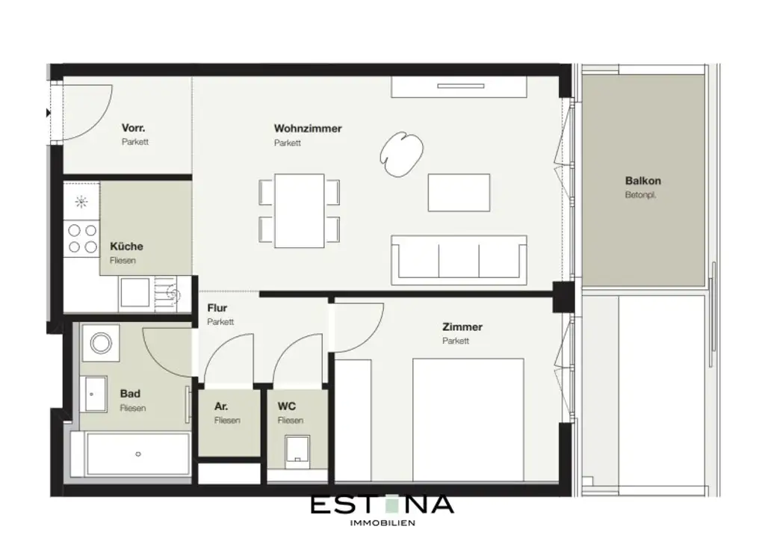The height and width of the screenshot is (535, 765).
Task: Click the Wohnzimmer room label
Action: tap(308, 129)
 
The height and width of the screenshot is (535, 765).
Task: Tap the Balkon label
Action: tap(642, 181)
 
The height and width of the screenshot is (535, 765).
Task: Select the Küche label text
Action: tap(126, 247)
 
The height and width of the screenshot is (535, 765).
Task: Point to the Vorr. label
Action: tap(133, 128)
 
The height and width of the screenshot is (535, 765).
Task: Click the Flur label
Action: tap(217, 308)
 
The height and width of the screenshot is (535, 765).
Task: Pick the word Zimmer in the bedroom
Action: tap(462, 327)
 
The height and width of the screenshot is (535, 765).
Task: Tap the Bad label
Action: tap(130, 394)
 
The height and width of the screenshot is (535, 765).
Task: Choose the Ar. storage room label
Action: tap(221, 406)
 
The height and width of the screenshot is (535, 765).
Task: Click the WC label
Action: tap(287, 406)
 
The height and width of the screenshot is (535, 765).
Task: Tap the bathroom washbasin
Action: tap(95, 392)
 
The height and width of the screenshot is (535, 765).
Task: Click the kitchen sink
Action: tap(134, 293)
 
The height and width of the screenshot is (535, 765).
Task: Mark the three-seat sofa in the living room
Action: tap(459, 258)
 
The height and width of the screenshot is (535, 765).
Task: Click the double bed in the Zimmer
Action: tap(468, 418)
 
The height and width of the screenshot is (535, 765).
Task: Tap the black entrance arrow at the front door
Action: tap(49, 113)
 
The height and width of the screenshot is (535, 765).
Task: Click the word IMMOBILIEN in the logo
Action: tap(382, 522)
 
